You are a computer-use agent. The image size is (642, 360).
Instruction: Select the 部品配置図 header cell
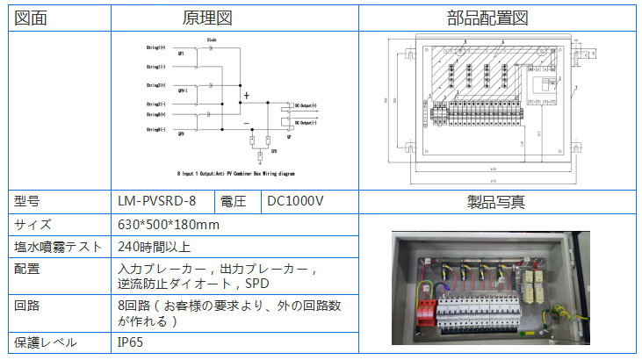499,18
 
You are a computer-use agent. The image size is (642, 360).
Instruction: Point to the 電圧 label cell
234,202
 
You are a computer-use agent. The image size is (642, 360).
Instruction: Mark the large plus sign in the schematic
247,95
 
